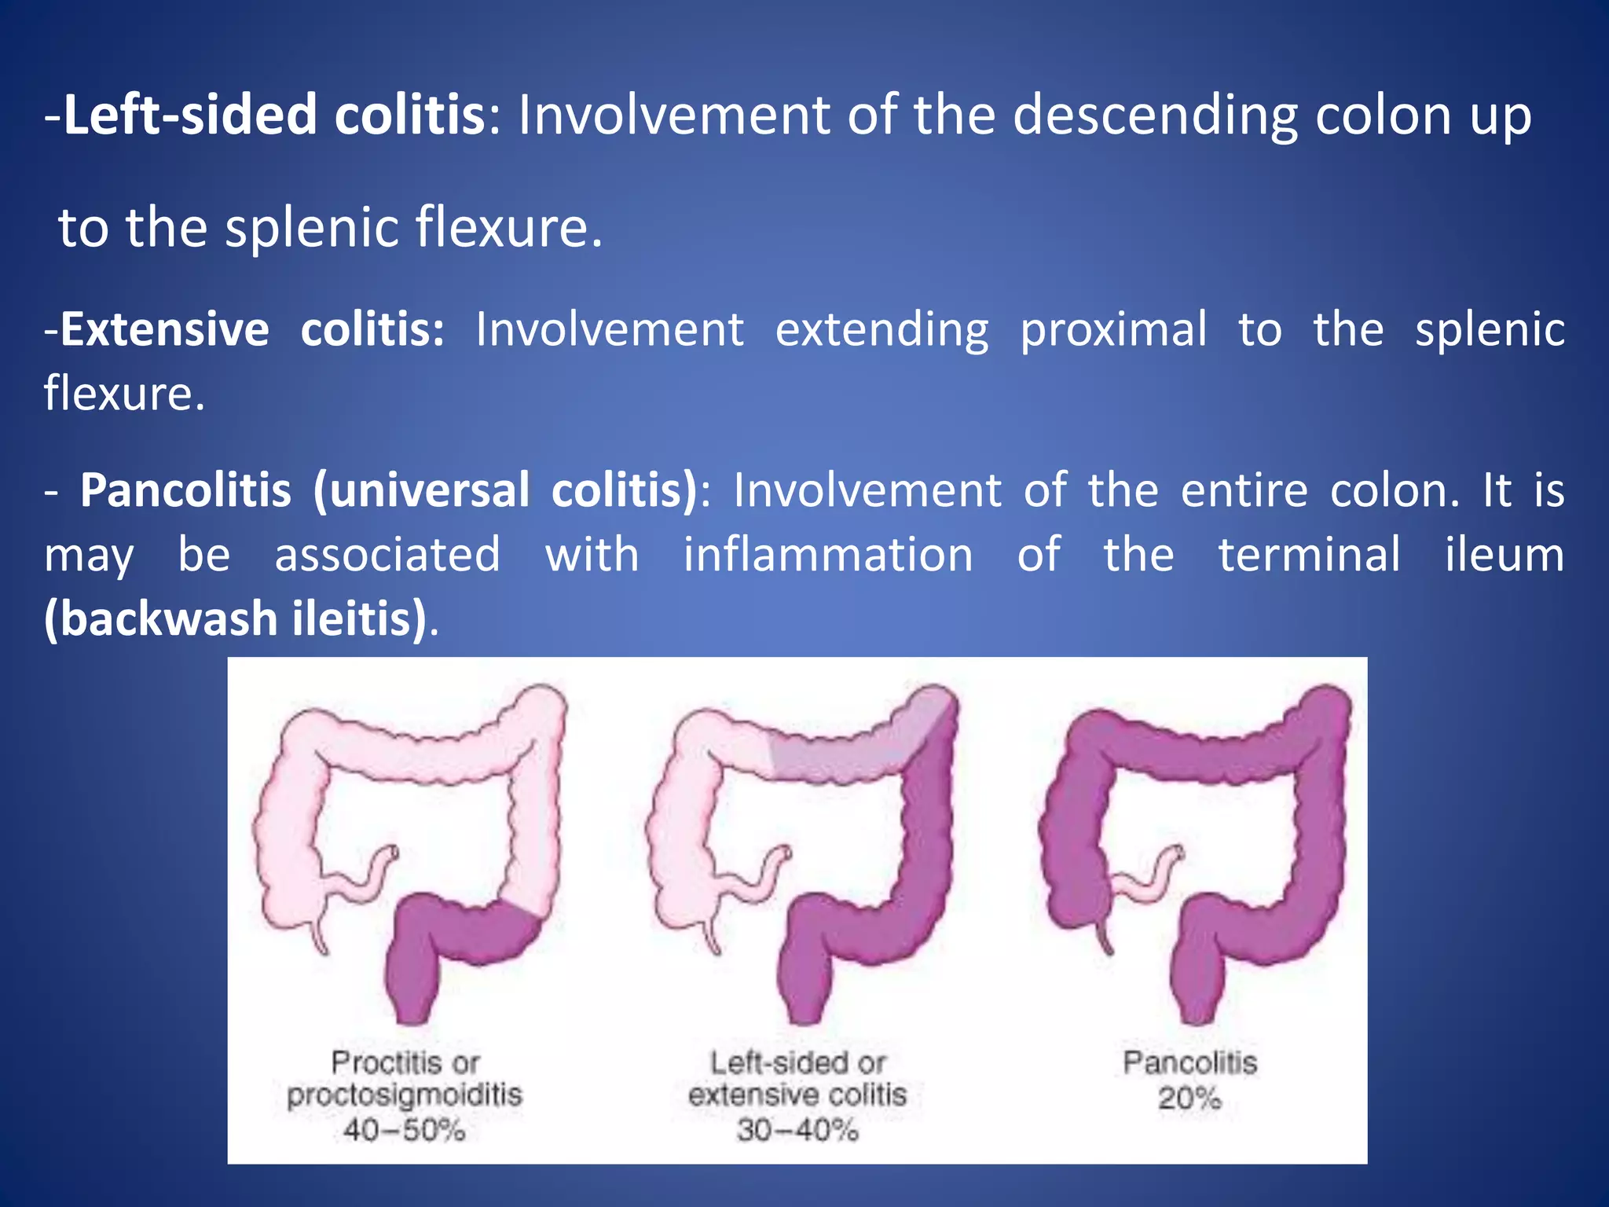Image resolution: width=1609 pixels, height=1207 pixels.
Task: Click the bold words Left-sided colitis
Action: (274, 115)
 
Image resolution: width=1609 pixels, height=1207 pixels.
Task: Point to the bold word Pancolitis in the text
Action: (185, 490)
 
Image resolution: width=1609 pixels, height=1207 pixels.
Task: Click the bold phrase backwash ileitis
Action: (236, 618)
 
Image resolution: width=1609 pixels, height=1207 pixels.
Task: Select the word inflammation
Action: (828, 555)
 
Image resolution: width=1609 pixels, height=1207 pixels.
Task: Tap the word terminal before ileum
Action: (1309, 555)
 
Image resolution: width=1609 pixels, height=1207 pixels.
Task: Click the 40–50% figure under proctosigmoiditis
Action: (404, 1131)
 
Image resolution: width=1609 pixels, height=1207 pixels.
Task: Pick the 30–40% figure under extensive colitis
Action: (797, 1131)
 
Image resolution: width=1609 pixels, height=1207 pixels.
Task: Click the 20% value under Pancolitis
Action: (1189, 1098)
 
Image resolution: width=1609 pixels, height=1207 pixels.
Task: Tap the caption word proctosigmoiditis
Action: (404, 1095)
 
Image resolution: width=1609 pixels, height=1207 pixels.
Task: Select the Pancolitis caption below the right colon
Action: (1189, 1062)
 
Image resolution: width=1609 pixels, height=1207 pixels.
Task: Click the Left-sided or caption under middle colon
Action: (797, 1062)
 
